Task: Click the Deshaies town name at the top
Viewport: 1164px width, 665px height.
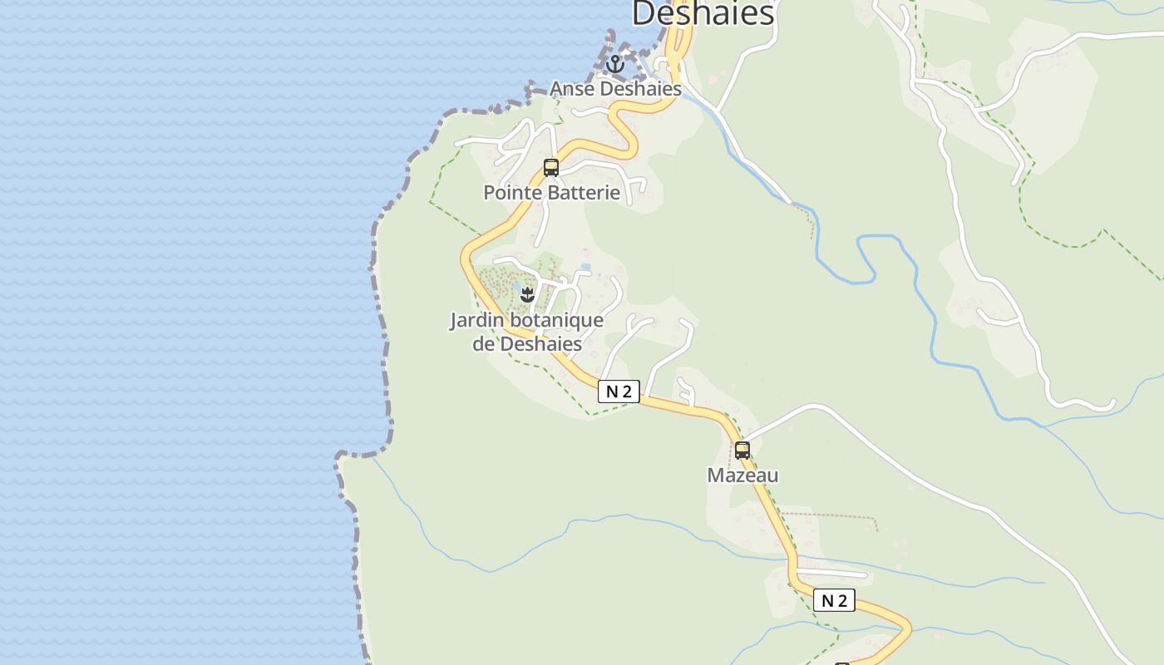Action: click(703, 13)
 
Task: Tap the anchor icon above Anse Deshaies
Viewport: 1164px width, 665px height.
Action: click(615, 64)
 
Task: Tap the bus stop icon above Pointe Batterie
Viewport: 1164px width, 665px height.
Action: click(550, 167)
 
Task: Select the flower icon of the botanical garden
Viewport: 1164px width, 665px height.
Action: click(527, 293)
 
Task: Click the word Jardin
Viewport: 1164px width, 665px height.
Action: click(476, 320)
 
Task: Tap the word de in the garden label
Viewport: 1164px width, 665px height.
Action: click(484, 343)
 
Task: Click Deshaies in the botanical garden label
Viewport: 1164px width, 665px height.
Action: click(540, 343)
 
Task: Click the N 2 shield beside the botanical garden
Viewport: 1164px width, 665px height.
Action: click(619, 392)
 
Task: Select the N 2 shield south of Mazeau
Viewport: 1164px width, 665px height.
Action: click(834, 600)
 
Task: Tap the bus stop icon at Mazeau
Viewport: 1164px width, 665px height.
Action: click(742, 451)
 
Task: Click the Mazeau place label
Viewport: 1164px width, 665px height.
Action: click(742, 475)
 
